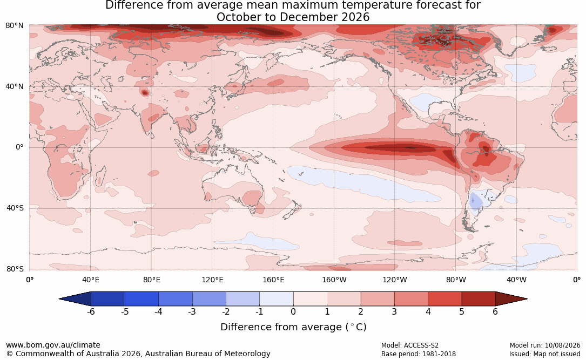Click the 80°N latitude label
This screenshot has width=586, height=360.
click(14, 26)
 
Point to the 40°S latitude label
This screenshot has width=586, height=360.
click(15, 208)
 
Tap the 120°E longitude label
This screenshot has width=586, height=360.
click(213, 280)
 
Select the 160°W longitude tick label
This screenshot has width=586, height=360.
click(334, 280)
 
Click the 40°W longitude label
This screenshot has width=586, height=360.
click(517, 280)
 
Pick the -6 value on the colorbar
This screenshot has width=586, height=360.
click(91, 311)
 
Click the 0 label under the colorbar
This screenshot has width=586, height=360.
click(293, 311)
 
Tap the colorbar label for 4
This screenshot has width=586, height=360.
click(428, 311)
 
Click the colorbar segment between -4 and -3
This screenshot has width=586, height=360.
click(176, 299)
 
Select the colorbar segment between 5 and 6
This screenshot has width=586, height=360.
click(479, 299)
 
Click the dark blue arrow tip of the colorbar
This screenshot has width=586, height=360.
click(60, 299)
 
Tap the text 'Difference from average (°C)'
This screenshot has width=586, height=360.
click(293, 327)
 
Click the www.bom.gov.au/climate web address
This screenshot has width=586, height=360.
click(53, 345)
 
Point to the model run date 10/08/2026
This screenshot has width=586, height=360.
click(562, 345)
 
